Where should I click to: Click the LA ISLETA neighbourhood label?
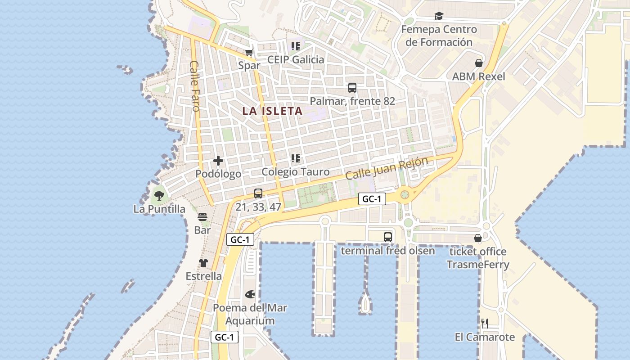(272, 111)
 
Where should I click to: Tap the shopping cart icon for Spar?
(249, 52)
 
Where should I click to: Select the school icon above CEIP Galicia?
(295, 46)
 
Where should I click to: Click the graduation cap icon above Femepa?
(439, 16)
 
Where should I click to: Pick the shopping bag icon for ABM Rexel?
(479, 63)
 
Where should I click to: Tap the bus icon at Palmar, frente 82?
(352, 88)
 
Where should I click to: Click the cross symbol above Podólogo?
(218, 161)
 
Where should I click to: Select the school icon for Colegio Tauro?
(295, 158)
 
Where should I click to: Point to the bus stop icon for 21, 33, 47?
(258, 193)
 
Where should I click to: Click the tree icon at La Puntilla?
(159, 195)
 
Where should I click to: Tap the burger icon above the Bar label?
(202, 217)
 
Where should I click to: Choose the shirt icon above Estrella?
(203, 263)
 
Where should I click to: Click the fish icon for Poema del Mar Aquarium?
(250, 294)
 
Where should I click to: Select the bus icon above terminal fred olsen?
(387, 237)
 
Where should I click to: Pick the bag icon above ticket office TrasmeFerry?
(478, 238)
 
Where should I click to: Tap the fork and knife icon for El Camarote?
(484, 323)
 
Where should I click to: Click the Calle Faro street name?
(195, 86)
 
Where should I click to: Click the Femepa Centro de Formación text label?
(439, 36)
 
